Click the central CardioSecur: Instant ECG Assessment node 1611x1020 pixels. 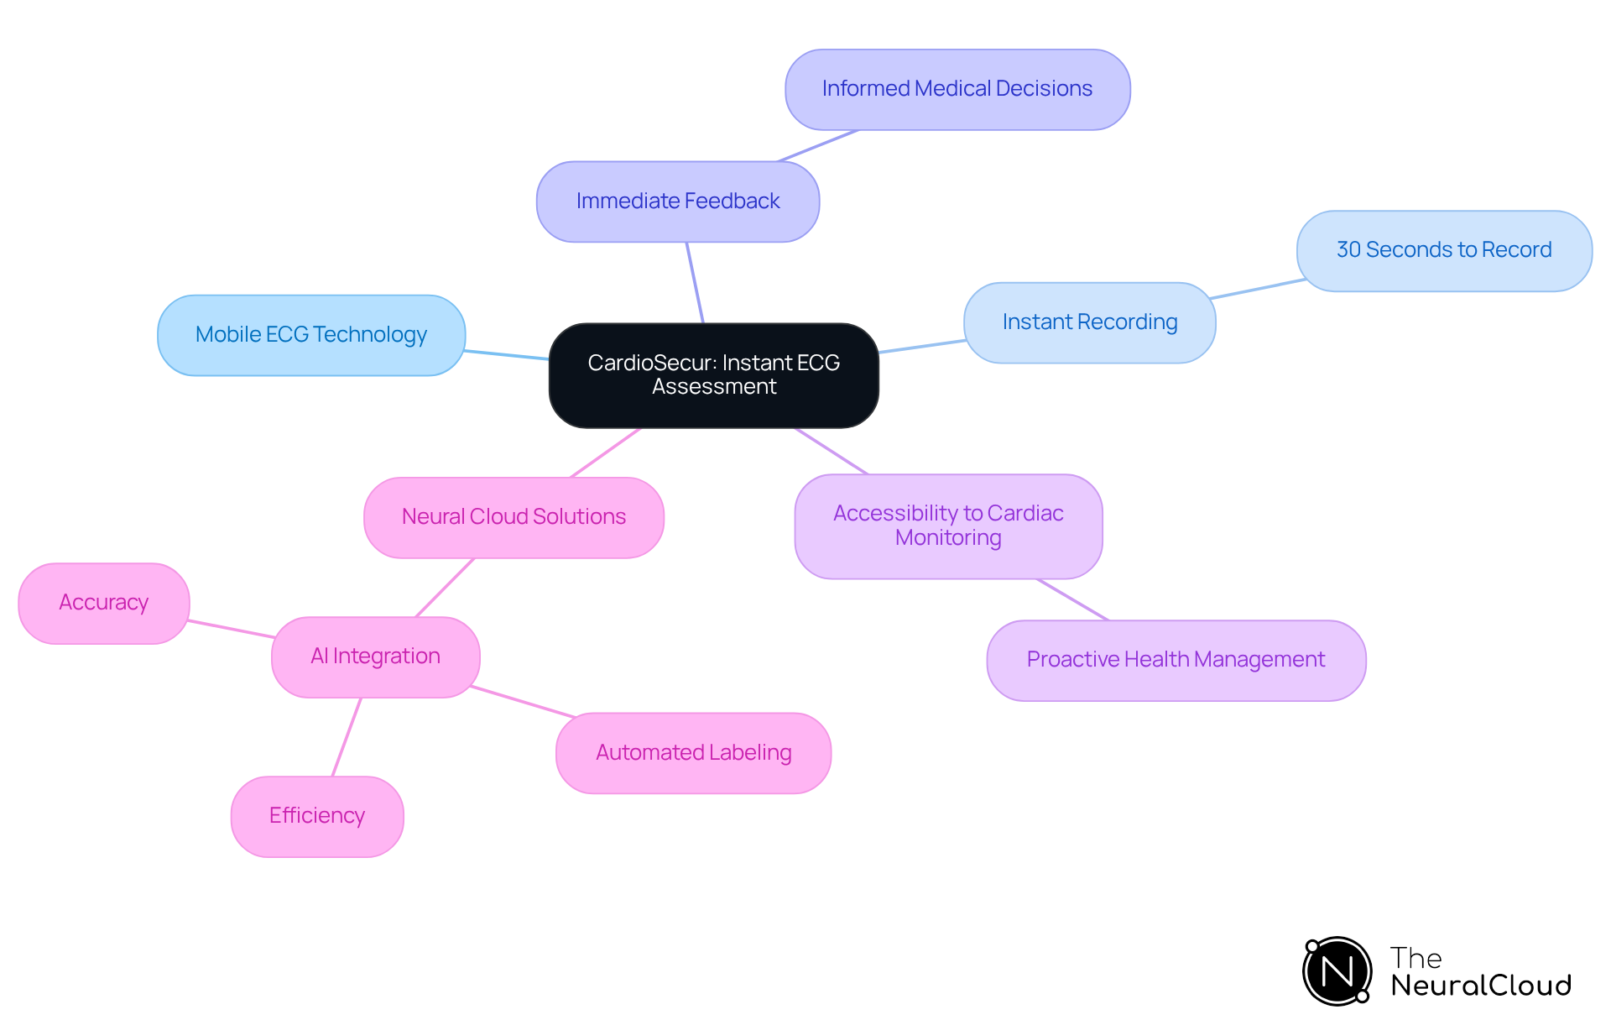coord(713,375)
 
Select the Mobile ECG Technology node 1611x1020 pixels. coord(311,335)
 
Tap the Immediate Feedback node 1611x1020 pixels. coord(678,201)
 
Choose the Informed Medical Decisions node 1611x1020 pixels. coord(957,89)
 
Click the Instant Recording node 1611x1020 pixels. coord(1089,322)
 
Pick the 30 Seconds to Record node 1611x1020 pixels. coord(1443,250)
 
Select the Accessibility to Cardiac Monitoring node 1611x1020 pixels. coord(948,526)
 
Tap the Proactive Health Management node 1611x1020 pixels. coord(1176,660)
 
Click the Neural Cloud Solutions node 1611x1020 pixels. coord(514,517)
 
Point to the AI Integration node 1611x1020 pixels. coord(375,656)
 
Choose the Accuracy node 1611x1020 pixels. coord(104,603)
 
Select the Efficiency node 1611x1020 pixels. coord(317,816)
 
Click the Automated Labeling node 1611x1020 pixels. coord(693,753)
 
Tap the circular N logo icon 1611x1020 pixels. coord(1337,971)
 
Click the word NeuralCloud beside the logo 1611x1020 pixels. coord(1480,986)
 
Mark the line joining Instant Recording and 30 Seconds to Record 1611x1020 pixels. coord(1257,289)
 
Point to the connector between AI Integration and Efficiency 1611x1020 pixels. coord(347,737)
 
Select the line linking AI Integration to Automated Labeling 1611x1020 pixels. coord(523,702)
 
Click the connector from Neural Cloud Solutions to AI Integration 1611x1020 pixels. coord(445,588)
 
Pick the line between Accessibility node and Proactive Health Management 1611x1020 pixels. coord(1072,599)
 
